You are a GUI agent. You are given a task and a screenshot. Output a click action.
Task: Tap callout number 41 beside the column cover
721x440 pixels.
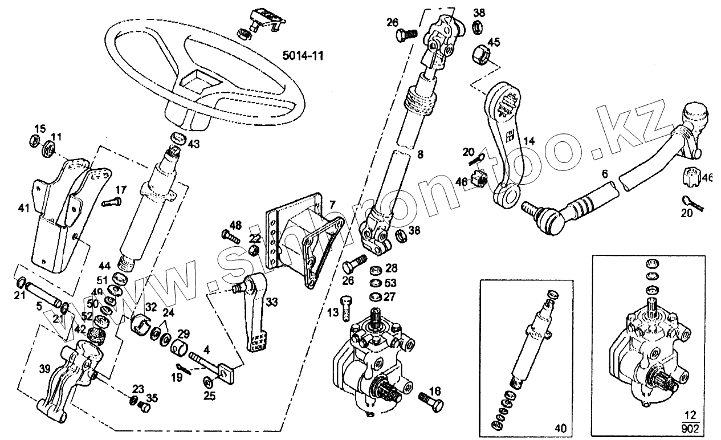click(23, 209)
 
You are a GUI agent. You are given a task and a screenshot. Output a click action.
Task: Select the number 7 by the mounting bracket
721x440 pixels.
click(332, 203)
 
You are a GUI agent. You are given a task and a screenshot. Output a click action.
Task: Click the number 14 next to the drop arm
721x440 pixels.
click(529, 140)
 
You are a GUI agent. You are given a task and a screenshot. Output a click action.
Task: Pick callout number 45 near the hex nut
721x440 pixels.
click(494, 42)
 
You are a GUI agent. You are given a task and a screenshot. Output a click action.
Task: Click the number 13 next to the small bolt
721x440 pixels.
click(333, 312)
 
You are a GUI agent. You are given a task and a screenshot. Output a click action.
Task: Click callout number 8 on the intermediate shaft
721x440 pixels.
click(421, 153)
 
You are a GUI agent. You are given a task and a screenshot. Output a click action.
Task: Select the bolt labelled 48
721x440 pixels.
click(230, 235)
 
